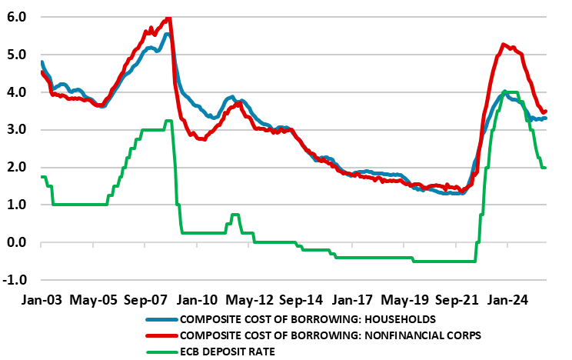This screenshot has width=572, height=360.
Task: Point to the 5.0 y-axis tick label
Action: [x=16, y=55]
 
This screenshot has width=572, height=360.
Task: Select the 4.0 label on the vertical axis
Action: [x=16, y=92]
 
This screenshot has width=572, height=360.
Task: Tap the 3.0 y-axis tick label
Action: [x=16, y=130]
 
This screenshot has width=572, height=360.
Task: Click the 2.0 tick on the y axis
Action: [x=16, y=168]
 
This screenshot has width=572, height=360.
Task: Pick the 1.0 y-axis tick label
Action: [x=16, y=205]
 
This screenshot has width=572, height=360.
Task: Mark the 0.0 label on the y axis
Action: [x=16, y=243]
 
